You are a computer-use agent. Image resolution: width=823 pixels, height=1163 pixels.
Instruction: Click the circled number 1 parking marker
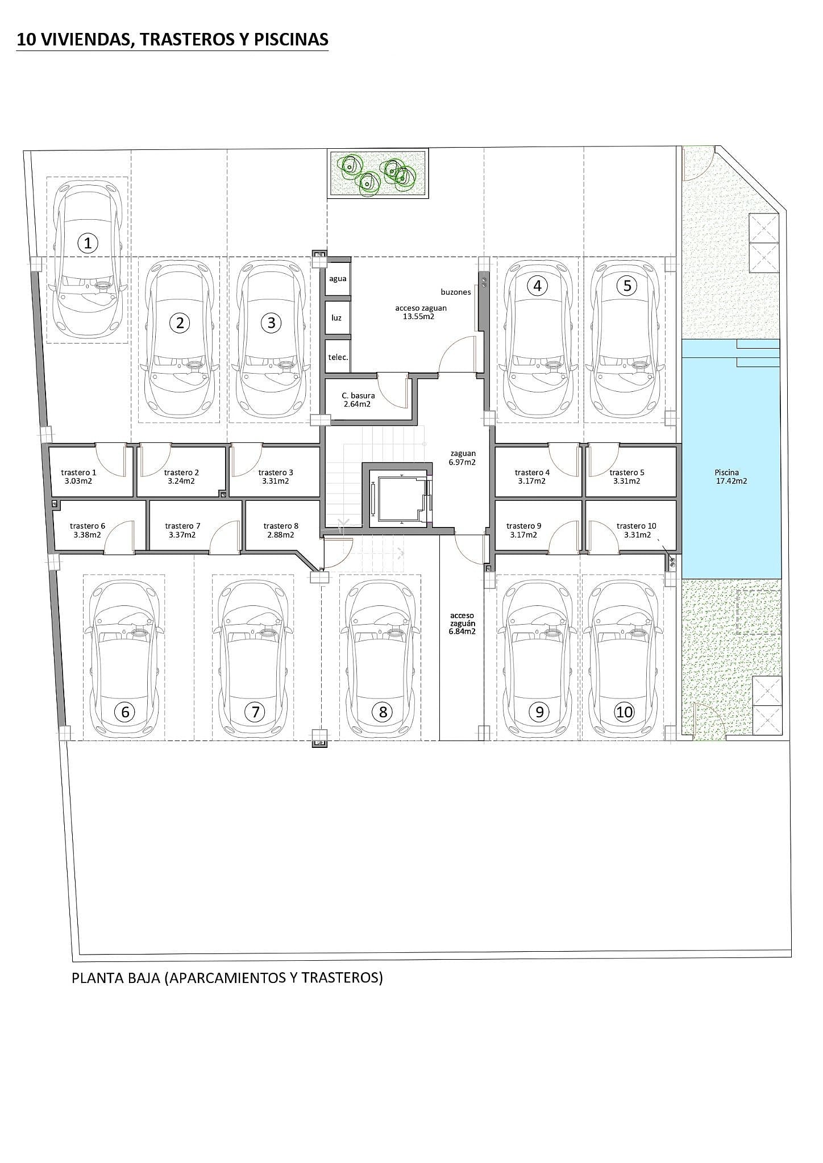click(88, 244)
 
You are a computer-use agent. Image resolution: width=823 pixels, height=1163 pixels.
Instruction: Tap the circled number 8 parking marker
click(383, 712)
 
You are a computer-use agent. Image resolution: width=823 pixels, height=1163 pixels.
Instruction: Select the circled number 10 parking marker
click(624, 712)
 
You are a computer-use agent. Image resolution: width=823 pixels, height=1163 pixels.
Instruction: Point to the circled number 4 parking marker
click(537, 286)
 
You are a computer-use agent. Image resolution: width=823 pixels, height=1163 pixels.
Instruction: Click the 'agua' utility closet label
click(338, 279)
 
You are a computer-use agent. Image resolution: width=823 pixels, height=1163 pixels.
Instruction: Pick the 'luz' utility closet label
click(336, 317)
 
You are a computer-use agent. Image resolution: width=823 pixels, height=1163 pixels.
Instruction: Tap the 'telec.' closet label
click(338, 357)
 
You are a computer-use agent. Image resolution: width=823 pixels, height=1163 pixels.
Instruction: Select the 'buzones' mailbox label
click(456, 292)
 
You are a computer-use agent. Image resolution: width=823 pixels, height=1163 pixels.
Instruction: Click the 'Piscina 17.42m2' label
click(730, 476)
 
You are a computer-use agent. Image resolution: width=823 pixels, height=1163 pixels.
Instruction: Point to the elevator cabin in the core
click(398, 498)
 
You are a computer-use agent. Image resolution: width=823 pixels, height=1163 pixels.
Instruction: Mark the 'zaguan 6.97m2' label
click(463, 458)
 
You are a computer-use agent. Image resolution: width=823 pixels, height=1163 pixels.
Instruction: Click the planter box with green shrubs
click(378, 173)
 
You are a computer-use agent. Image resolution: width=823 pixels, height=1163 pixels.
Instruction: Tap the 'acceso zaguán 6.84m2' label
click(462, 623)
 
